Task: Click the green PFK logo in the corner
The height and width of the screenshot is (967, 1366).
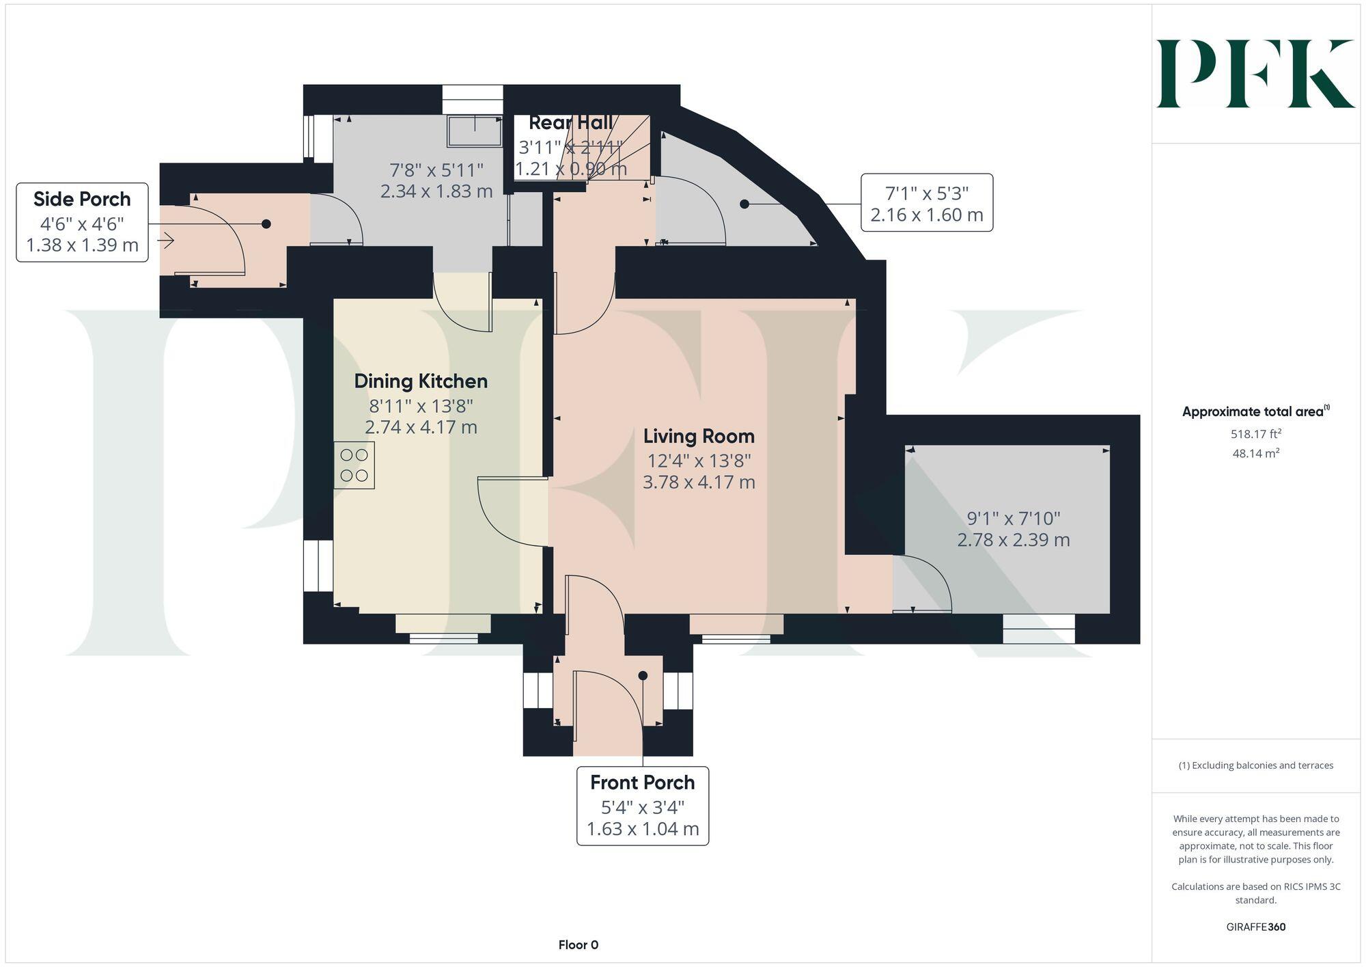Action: click(1255, 74)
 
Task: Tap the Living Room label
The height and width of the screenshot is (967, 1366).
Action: click(699, 436)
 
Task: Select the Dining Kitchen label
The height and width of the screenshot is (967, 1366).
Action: click(421, 381)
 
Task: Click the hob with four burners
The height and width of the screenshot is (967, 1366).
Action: click(354, 465)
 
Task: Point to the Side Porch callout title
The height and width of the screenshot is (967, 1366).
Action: click(82, 200)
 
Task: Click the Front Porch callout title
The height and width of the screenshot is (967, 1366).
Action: click(642, 782)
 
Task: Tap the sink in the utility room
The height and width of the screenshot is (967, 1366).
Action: click(474, 131)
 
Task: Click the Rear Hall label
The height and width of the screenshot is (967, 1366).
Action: click(570, 123)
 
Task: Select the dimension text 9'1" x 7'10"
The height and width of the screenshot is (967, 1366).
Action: click(1014, 519)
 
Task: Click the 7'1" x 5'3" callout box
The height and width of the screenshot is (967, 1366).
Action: click(926, 203)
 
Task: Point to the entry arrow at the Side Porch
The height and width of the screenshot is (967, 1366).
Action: click(166, 241)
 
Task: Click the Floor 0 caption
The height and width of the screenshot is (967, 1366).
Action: click(578, 945)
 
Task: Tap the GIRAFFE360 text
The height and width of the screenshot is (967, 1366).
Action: click(1255, 927)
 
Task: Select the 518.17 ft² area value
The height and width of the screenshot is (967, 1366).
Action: click(1255, 434)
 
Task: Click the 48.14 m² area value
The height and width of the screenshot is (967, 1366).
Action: click(1255, 453)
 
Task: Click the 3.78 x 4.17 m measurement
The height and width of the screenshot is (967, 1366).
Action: click(699, 482)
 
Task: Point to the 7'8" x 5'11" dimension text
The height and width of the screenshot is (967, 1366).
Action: click(436, 169)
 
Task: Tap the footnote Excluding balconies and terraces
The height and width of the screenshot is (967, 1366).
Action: click(1255, 765)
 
